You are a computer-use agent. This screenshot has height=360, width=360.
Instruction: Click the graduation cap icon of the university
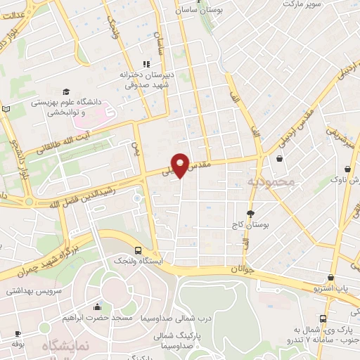65,91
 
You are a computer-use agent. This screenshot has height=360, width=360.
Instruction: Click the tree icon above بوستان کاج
251,213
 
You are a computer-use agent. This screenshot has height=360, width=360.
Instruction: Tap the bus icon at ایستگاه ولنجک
137,250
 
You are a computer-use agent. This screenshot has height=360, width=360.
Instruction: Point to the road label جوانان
240,269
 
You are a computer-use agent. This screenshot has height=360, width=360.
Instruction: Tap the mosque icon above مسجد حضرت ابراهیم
96,307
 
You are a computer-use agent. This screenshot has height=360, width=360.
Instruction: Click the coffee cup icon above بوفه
15,334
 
